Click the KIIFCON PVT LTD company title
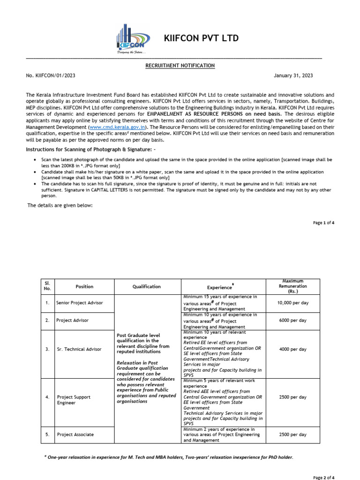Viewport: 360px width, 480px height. pyautogui.click(x=201, y=38)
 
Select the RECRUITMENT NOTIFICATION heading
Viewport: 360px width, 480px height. pyautogui.click(x=180, y=66)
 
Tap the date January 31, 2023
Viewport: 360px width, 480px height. pyautogui.click(x=293, y=75)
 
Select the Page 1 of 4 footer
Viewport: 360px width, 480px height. pyautogui.click(x=323, y=223)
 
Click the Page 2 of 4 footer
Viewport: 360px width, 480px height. pyautogui.click(x=323, y=477)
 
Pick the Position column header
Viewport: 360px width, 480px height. pyautogui.click(x=84, y=287)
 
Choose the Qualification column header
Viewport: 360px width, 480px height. pyautogui.click(x=146, y=287)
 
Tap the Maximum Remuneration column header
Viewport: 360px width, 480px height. pyautogui.click(x=293, y=286)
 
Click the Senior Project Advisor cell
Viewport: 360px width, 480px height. pyautogui.click(x=79, y=303)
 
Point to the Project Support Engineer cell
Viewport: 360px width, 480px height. pyautogui.click(x=74, y=400)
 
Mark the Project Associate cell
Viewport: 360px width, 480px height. pyautogui.click(x=75, y=435)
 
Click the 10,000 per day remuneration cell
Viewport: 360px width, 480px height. pyautogui.click(x=293, y=303)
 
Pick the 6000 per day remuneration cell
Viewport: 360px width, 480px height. pyautogui.click(x=293, y=321)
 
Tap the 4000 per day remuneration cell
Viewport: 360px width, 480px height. pyautogui.click(x=293, y=350)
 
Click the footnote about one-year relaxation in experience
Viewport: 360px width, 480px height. pyautogui.click(x=168, y=457)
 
